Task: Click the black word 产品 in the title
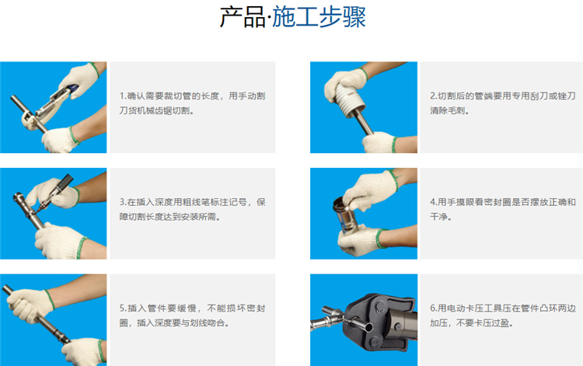pos(242,17)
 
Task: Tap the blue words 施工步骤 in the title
pos(319,17)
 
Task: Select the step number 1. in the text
pos(123,96)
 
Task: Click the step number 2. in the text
pos(434,96)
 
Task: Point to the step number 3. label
pos(123,202)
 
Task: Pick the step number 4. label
pos(434,202)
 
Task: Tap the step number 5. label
pos(123,308)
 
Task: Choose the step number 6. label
pos(434,308)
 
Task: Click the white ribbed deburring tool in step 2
pos(351,99)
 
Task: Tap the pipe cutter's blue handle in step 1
pos(72,88)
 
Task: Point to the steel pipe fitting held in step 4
pos(345,214)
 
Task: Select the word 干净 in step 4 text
pos(438,217)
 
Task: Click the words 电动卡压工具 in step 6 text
pos(474,308)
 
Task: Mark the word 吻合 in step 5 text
pos(216,323)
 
